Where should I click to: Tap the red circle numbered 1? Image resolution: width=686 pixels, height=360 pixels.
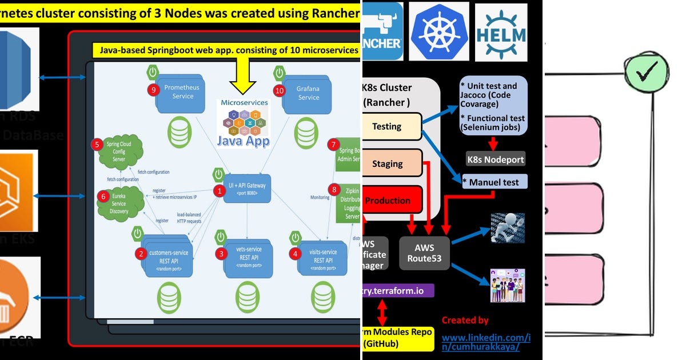[x=217, y=191]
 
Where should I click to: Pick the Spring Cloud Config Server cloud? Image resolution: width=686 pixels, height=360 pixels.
[x=118, y=151]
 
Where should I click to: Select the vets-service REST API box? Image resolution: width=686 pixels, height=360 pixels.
[x=248, y=257]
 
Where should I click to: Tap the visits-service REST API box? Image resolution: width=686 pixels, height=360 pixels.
[x=322, y=256]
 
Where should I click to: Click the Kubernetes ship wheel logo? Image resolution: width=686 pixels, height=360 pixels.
[x=439, y=31]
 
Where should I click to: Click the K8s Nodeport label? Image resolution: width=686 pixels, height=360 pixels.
[x=495, y=159]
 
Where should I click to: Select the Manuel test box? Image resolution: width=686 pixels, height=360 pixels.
[x=494, y=182]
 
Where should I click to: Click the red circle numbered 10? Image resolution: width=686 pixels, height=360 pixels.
[x=279, y=90]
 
